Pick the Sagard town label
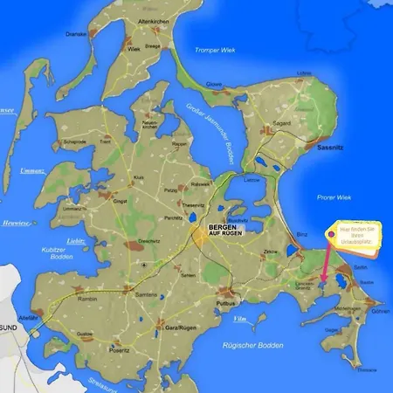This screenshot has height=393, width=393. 282,124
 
